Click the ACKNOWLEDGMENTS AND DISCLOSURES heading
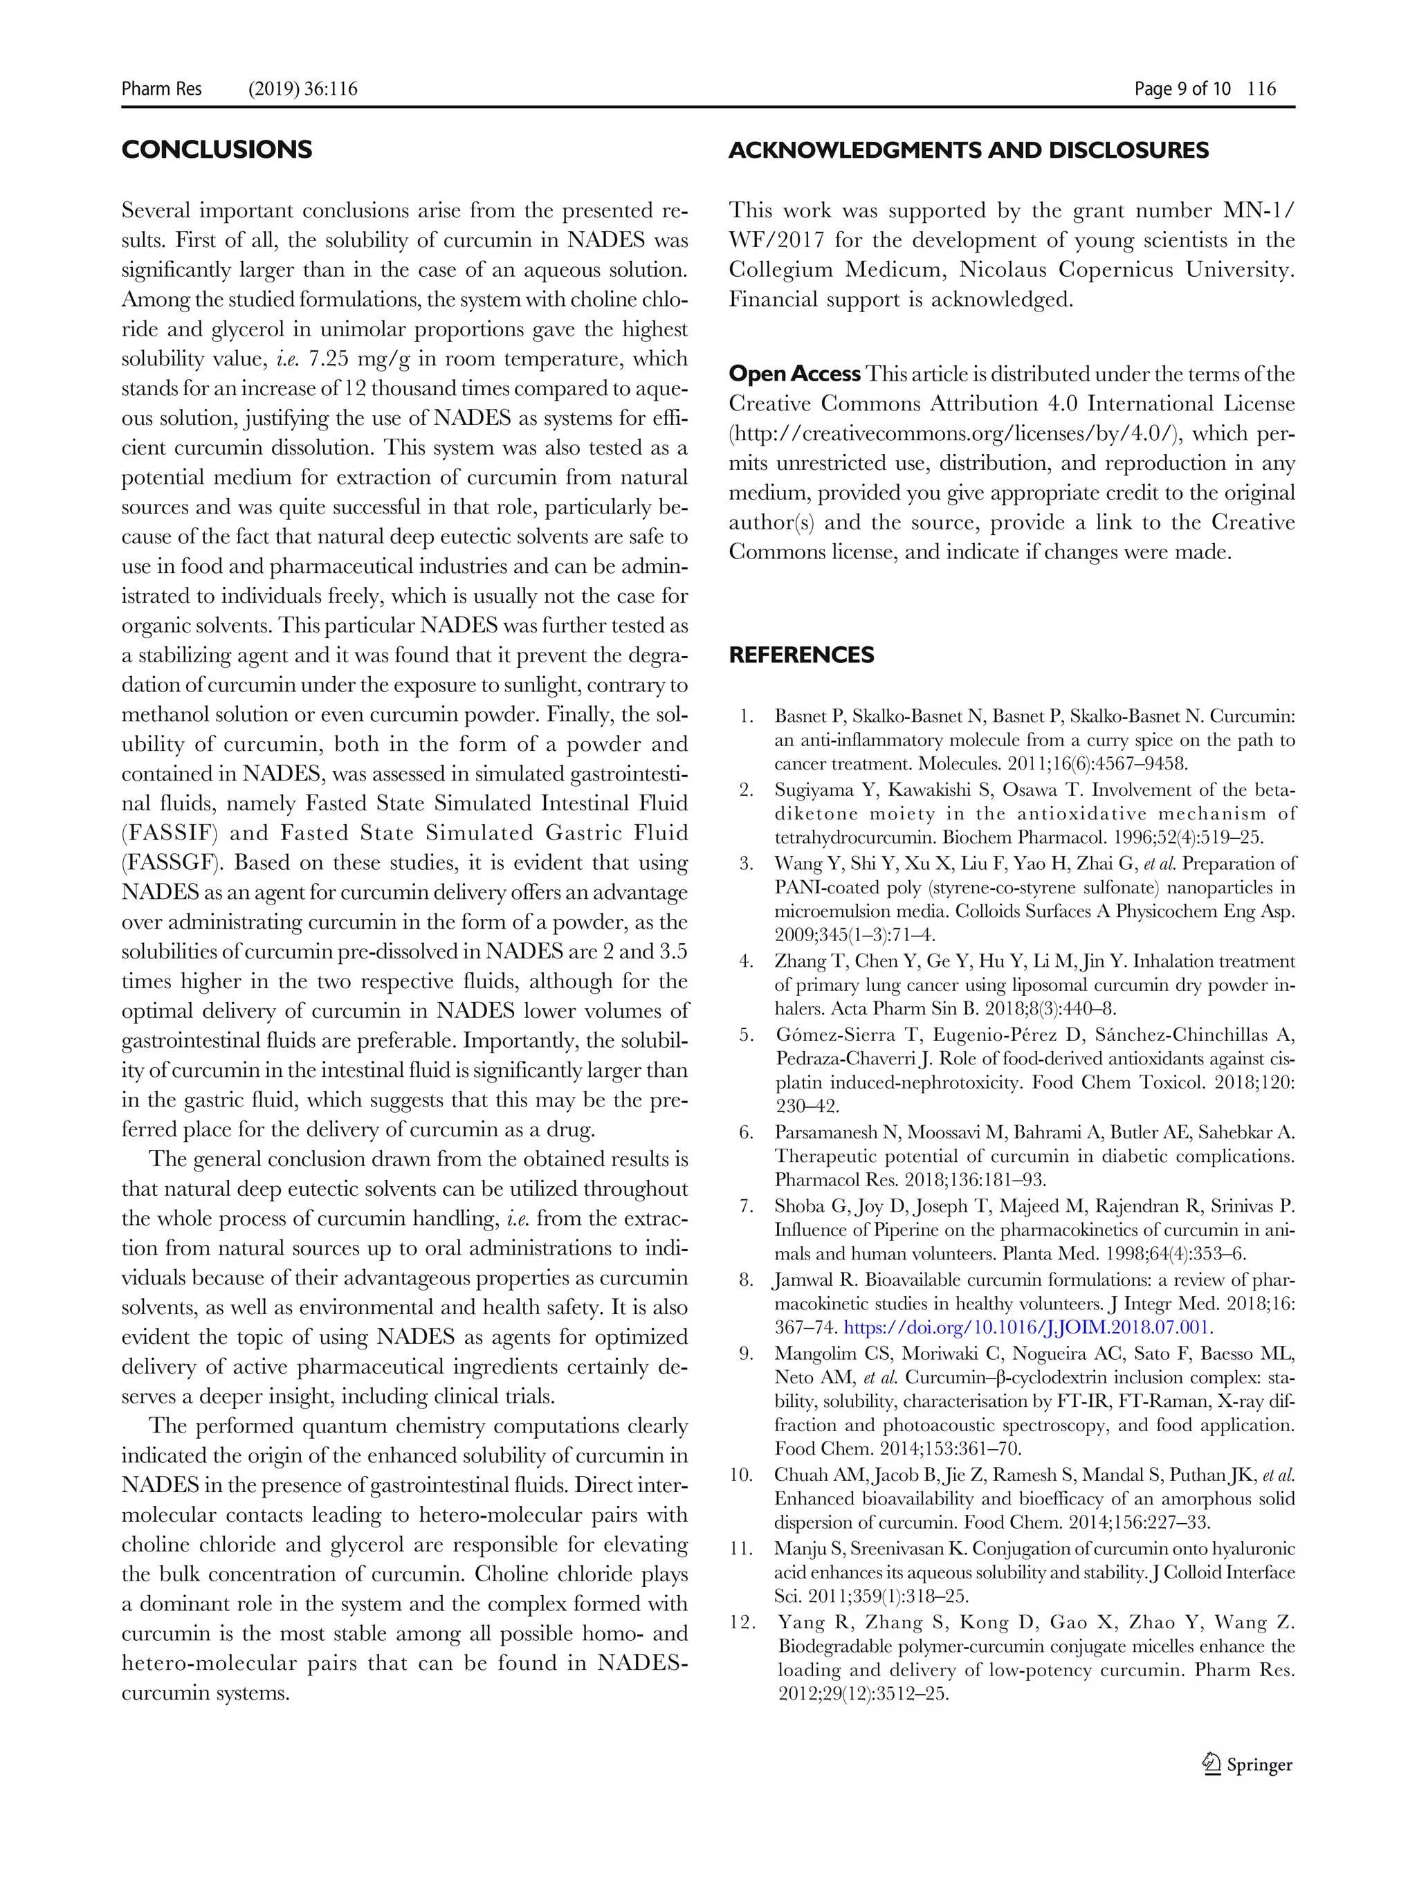click(x=968, y=151)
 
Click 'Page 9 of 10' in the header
click(x=1182, y=89)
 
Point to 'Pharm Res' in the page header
click(x=162, y=89)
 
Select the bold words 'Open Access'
click(x=794, y=374)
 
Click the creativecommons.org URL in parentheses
click(x=957, y=433)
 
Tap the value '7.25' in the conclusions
click(x=328, y=358)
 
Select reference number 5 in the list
click(x=747, y=1035)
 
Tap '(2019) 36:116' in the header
click(x=302, y=89)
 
